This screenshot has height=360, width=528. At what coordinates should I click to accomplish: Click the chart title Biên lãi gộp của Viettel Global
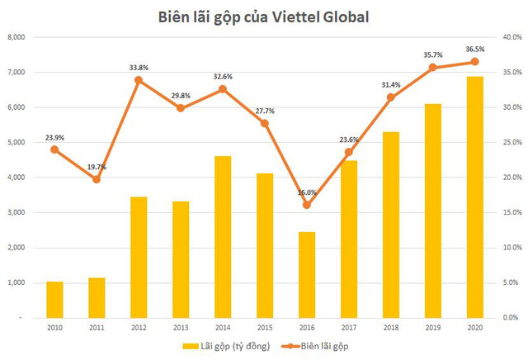(x=264, y=16)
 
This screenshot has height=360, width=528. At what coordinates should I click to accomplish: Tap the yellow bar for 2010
(x=54, y=299)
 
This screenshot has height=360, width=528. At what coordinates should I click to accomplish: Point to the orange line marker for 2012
(x=139, y=80)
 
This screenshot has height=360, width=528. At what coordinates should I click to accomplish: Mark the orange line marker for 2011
(x=97, y=179)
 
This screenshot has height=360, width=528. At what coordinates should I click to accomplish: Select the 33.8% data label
(x=139, y=67)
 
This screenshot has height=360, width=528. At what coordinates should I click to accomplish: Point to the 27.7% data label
(x=265, y=111)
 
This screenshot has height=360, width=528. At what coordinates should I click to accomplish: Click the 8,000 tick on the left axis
(x=17, y=37)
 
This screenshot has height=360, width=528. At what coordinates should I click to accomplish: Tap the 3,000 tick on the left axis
(x=17, y=212)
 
